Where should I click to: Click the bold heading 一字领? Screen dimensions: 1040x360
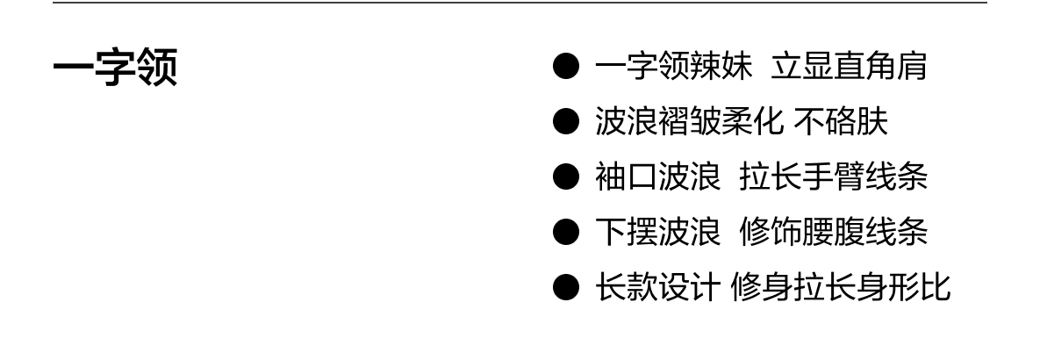click(115, 68)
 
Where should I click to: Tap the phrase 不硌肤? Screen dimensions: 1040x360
click(841, 123)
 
